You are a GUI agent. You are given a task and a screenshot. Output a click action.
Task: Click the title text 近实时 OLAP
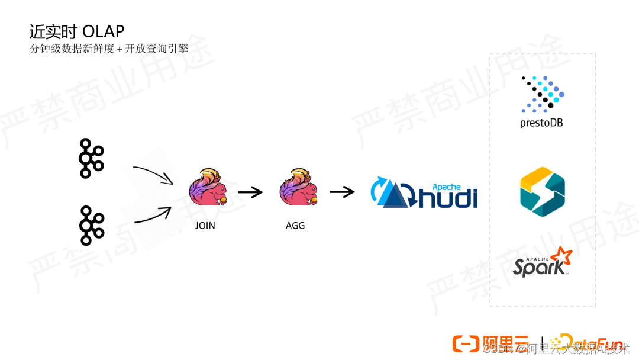tap(77, 31)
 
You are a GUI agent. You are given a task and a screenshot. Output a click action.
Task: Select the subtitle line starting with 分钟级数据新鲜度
tap(109, 49)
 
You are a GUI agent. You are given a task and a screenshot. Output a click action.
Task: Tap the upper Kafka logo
tap(91, 158)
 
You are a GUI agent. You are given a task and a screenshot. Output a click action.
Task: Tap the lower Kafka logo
tap(91, 226)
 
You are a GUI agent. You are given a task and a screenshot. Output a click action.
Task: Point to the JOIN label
tap(205, 226)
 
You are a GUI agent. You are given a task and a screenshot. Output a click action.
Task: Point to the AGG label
tap(295, 226)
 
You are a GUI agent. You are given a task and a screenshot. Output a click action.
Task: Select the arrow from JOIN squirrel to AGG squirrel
tap(250, 192)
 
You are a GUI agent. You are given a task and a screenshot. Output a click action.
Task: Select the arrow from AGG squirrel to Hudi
tap(342, 192)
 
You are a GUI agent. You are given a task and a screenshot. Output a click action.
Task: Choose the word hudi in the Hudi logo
tap(448, 197)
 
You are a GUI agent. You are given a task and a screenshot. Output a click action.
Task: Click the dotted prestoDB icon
tap(542, 94)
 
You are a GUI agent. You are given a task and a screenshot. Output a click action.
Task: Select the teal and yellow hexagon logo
tap(542, 191)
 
